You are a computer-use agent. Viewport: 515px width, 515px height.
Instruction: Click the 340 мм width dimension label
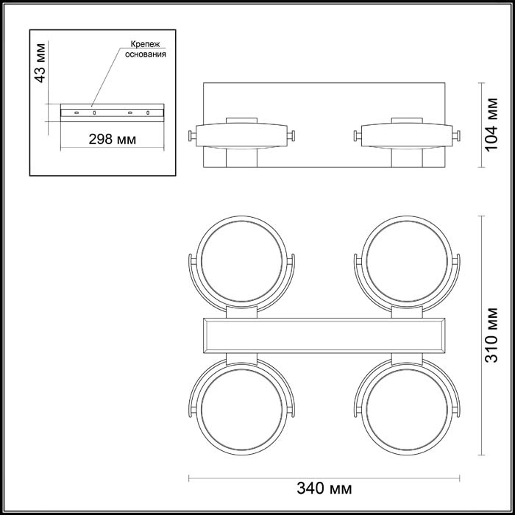[x=324, y=489]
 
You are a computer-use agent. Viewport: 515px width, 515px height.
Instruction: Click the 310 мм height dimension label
[x=491, y=335]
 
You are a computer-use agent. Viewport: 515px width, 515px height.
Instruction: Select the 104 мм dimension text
[x=491, y=124]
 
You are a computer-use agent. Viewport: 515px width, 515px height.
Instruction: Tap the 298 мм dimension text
[x=113, y=140]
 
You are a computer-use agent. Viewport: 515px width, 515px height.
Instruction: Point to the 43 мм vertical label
[x=40, y=63]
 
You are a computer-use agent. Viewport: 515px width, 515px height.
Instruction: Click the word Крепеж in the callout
[x=145, y=44]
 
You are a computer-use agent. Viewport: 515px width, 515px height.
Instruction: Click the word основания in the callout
[x=146, y=54]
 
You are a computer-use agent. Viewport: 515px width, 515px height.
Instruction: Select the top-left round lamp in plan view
[x=242, y=262]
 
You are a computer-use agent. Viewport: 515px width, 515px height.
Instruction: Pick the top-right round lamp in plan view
[x=407, y=262]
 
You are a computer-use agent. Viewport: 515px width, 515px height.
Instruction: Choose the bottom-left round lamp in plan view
[x=242, y=408]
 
